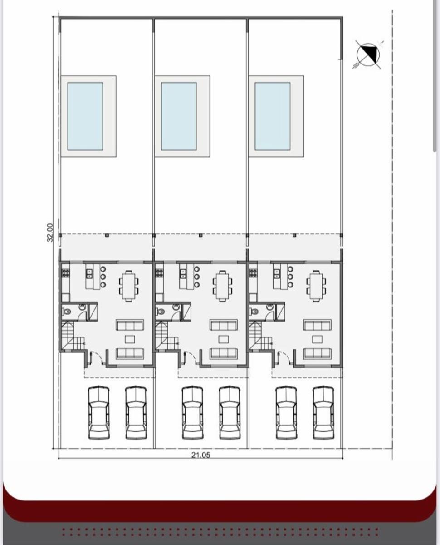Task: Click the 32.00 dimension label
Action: point(50,233)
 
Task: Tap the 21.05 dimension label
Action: point(200,455)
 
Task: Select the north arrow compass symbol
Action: point(368,54)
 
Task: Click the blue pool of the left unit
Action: point(85,116)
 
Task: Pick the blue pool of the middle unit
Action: point(179,116)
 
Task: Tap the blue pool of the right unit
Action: point(272,116)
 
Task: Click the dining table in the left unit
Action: point(129,286)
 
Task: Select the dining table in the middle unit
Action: point(223,286)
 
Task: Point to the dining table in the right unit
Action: point(316,286)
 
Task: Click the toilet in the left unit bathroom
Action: point(67,312)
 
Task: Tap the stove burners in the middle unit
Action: point(160,273)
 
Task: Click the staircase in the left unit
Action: point(72,335)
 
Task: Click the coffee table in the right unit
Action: point(318,339)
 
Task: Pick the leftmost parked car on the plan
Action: point(98,413)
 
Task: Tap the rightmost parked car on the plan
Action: point(323,413)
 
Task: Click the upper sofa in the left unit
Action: point(130,325)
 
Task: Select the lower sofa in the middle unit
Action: point(224,354)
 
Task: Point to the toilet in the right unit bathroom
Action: point(254,312)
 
